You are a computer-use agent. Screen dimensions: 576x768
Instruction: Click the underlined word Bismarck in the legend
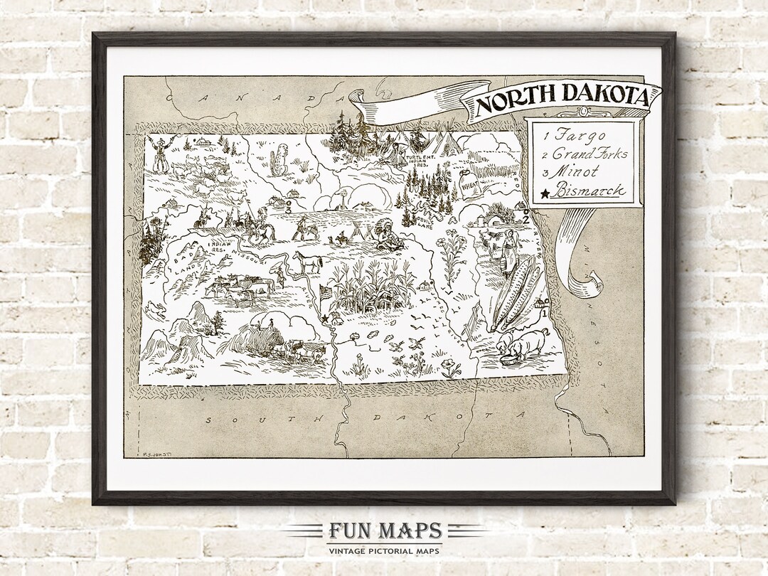pyautogui.click(x=590, y=191)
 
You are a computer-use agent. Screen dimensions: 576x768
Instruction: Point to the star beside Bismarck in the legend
pyautogui.click(x=545, y=192)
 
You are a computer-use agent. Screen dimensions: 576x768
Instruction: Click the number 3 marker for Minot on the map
pyautogui.click(x=289, y=210)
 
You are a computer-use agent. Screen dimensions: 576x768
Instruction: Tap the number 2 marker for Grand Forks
pyautogui.click(x=526, y=218)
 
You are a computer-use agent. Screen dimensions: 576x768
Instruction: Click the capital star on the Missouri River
pyautogui.click(x=325, y=317)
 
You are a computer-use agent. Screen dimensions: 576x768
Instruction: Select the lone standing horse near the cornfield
pyautogui.click(x=308, y=261)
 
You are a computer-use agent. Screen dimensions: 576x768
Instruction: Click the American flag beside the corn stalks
pyautogui.click(x=327, y=292)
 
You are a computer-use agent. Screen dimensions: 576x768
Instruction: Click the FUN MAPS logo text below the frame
pyautogui.click(x=385, y=530)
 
